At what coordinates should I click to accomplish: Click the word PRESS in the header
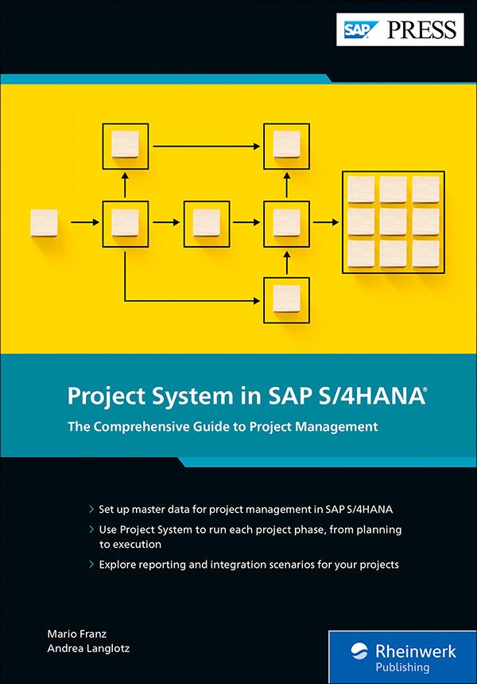(422, 30)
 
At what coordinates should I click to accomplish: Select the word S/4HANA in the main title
(378, 397)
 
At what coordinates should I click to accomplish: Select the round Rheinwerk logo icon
(359, 658)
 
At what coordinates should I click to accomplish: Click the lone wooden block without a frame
(44, 223)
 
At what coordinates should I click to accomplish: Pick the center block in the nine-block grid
(393, 222)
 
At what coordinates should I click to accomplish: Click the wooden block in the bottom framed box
(286, 299)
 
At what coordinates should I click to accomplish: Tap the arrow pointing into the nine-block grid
(324, 222)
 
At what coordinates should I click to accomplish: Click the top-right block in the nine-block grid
(425, 190)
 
